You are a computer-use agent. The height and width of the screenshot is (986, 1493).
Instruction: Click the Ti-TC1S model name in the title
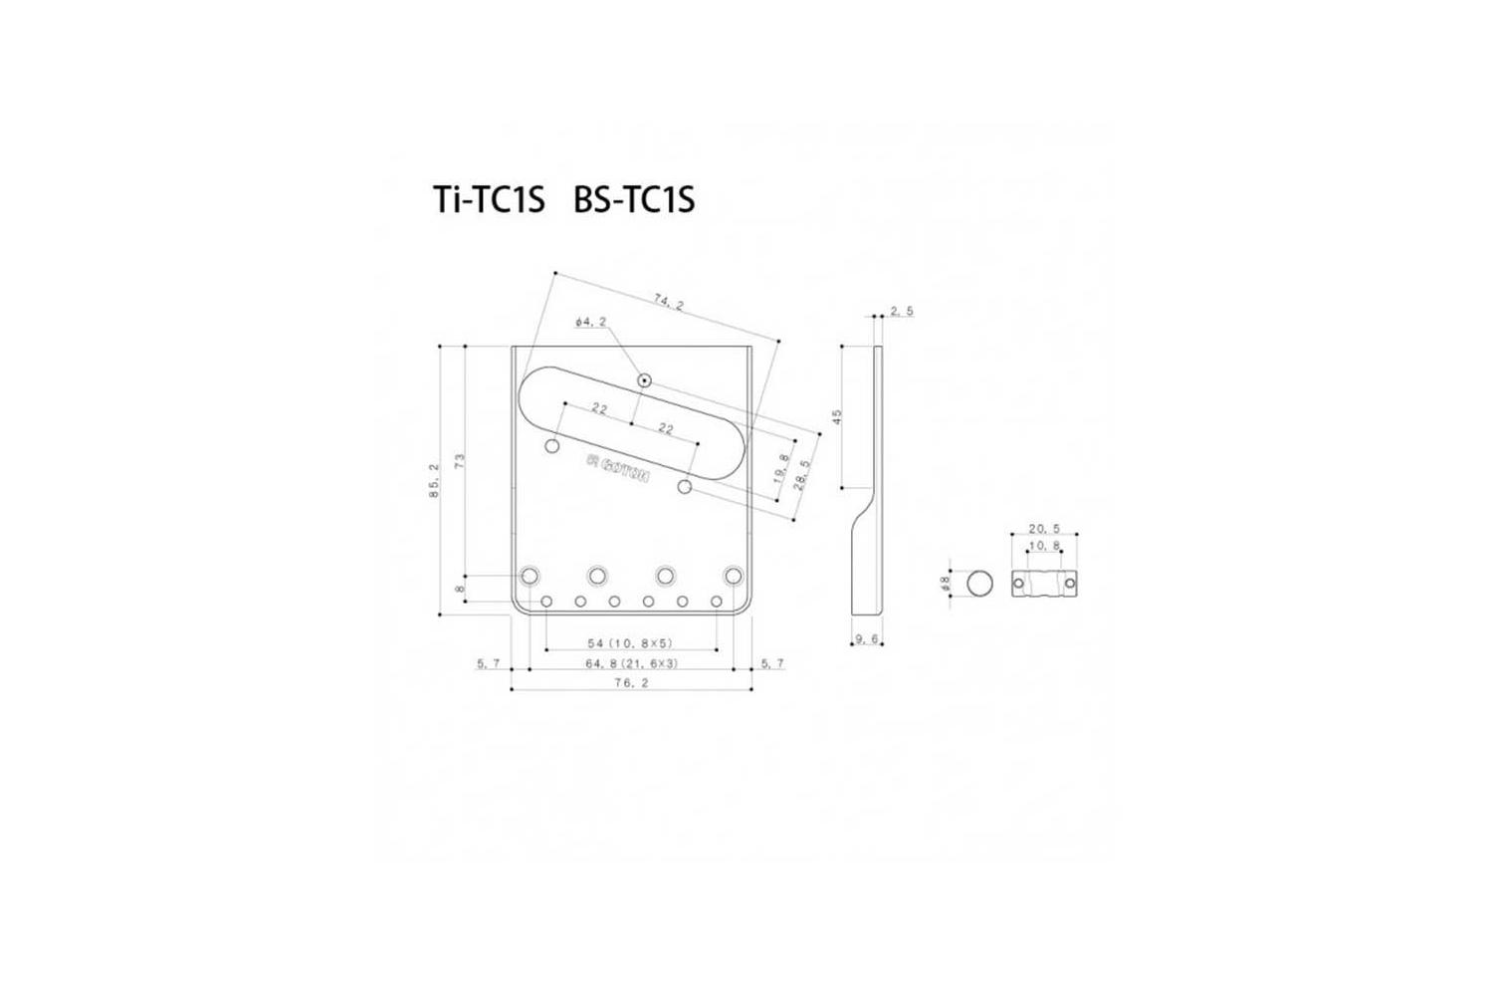click(x=490, y=199)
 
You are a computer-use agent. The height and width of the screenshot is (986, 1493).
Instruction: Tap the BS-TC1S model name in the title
click(x=634, y=199)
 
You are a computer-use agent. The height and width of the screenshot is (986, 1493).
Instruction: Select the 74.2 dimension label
click(x=668, y=304)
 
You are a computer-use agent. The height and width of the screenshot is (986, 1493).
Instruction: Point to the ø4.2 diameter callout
click(x=591, y=323)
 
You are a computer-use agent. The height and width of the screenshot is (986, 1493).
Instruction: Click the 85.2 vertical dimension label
click(x=435, y=481)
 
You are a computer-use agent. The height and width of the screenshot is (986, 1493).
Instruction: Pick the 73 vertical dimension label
click(x=459, y=461)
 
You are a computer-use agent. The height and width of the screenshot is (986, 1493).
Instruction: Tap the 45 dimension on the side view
click(x=838, y=416)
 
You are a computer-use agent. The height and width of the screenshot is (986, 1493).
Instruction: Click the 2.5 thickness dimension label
click(x=902, y=312)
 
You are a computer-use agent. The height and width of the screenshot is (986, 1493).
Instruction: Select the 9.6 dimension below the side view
click(x=867, y=639)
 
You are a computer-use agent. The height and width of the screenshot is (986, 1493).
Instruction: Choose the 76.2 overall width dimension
click(x=632, y=682)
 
